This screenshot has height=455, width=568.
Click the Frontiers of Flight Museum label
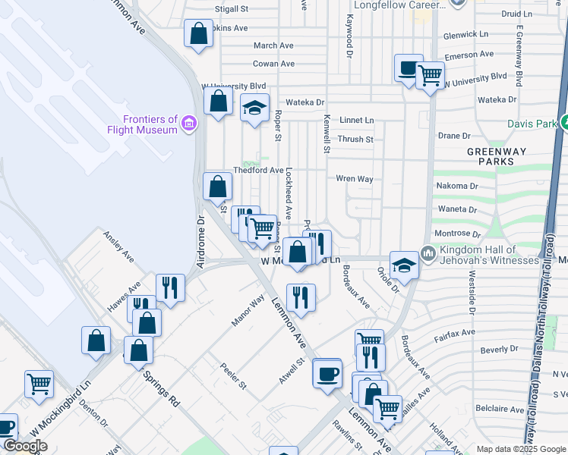(x=151, y=124)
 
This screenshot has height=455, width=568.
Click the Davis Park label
(x=532, y=123)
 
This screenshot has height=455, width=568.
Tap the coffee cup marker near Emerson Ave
(x=409, y=69)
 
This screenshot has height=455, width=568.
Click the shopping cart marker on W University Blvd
(x=430, y=76)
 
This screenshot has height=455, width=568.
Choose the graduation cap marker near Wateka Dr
(x=255, y=108)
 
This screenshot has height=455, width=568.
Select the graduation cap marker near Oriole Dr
(x=404, y=266)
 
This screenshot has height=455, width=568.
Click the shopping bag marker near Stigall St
(x=198, y=34)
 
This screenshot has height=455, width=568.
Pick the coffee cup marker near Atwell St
(x=327, y=374)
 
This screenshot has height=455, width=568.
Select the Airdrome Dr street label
(x=201, y=243)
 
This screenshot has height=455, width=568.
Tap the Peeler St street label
(x=233, y=375)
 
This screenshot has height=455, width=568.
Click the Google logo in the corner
(x=25, y=447)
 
